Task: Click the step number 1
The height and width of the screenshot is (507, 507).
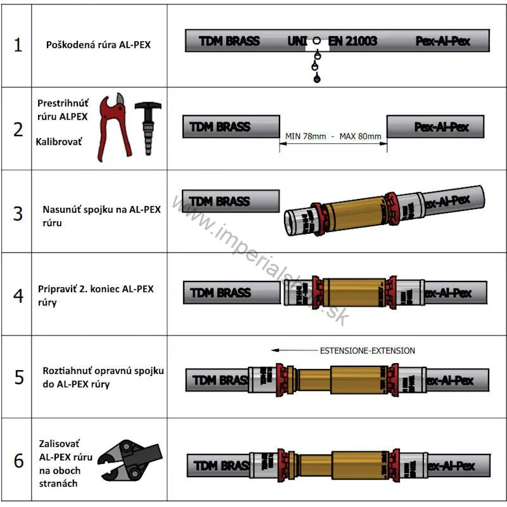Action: [x=18, y=46]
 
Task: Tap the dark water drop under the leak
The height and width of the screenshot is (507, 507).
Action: [x=316, y=78]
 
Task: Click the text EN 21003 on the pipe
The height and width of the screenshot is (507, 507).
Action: [x=352, y=41]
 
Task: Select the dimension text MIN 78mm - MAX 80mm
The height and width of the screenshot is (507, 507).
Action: [x=333, y=136]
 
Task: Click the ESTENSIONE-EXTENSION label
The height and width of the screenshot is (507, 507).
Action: [x=368, y=350]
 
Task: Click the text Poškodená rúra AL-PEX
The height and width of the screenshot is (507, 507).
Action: [x=98, y=46]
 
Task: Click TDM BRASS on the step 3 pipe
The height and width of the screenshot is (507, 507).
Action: [x=220, y=202]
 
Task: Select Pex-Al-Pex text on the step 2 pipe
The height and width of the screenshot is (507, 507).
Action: [x=442, y=127]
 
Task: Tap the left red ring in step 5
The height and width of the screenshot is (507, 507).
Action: [x=281, y=378]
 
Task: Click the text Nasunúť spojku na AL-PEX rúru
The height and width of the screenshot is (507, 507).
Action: [x=101, y=216]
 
